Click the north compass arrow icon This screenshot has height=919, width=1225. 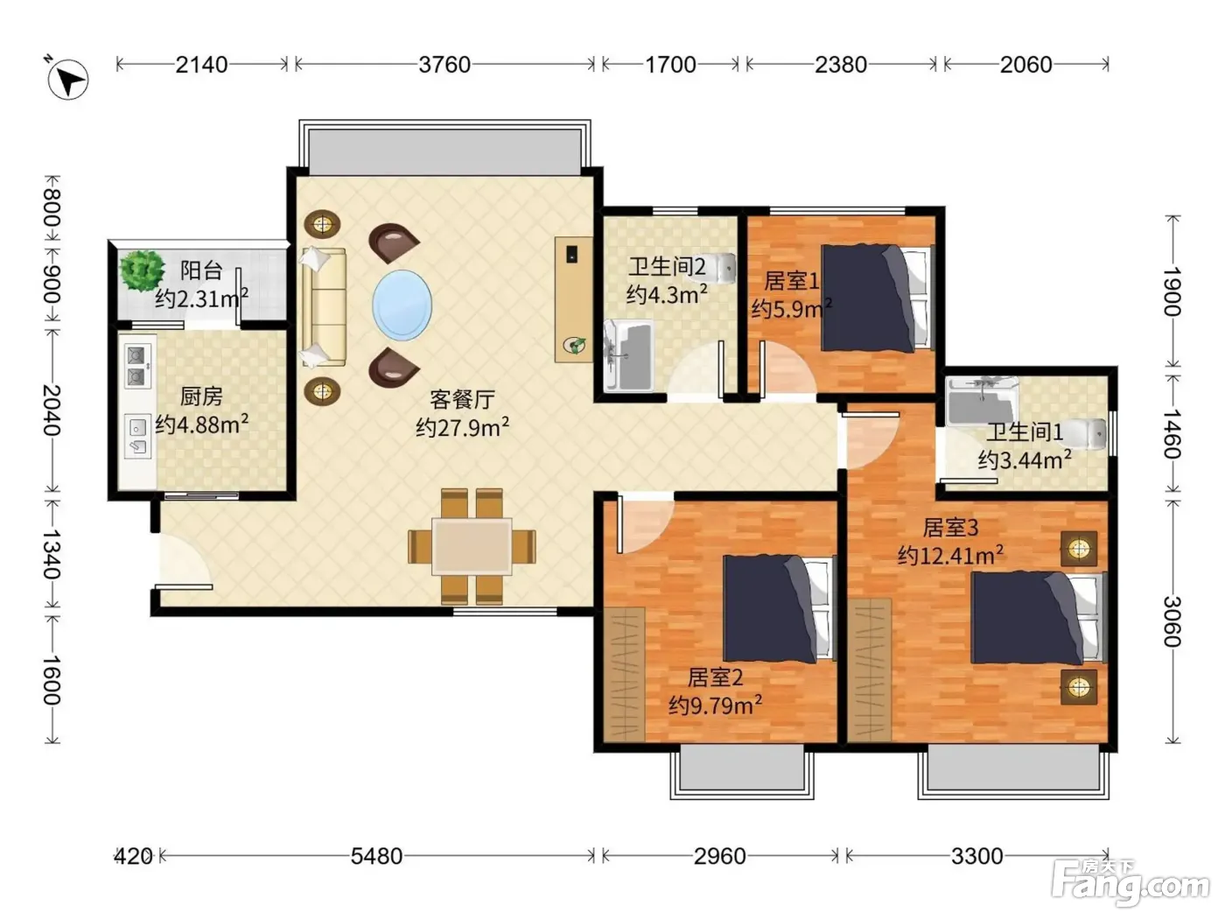(x=67, y=79)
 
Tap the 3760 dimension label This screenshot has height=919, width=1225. (x=444, y=65)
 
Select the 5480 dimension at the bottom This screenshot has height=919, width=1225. (x=376, y=856)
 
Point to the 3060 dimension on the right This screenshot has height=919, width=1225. (x=1172, y=621)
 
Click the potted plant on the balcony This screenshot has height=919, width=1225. (x=142, y=270)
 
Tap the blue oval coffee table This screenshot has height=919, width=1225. (x=402, y=305)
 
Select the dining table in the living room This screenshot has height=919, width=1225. (x=472, y=547)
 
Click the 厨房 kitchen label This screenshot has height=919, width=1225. (x=201, y=396)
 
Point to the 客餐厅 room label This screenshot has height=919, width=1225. (x=462, y=399)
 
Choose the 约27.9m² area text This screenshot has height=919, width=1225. (x=462, y=427)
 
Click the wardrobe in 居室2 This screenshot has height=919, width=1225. (x=625, y=675)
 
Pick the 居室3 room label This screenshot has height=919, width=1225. (x=950, y=527)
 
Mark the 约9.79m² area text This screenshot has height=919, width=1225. (x=716, y=705)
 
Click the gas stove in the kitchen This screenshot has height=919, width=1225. (x=137, y=366)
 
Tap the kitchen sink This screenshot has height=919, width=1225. (x=137, y=437)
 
